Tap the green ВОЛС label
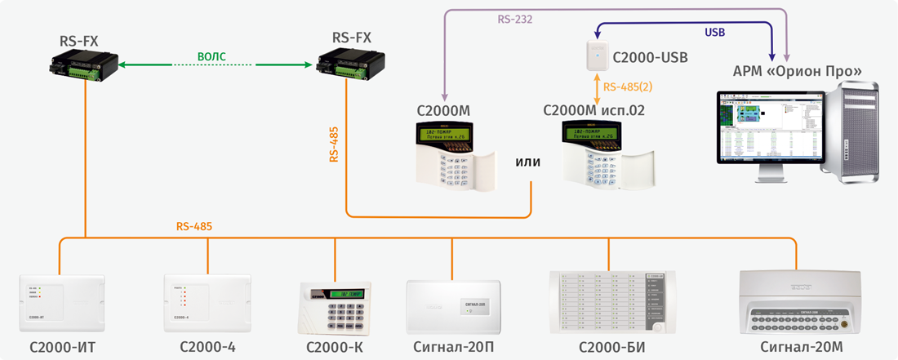211,56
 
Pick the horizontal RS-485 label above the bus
194,226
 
